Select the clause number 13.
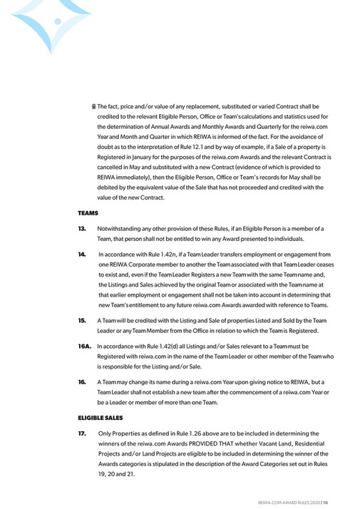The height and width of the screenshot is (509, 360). click(x=82, y=228)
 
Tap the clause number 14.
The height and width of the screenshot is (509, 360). click(x=82, y=254)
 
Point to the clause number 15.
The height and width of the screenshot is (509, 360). click(x=82, y=321)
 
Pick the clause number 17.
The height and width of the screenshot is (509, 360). click(x=82, y=433)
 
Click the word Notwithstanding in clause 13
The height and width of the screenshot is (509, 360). click(x=121, y=228)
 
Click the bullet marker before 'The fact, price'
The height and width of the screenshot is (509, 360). click(x=94, y=106)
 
